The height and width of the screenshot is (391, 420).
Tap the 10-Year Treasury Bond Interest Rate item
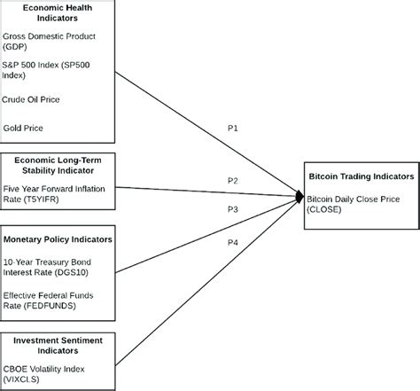[x=53, y=268]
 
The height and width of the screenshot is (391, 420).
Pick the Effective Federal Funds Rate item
[x=50, y=300]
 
